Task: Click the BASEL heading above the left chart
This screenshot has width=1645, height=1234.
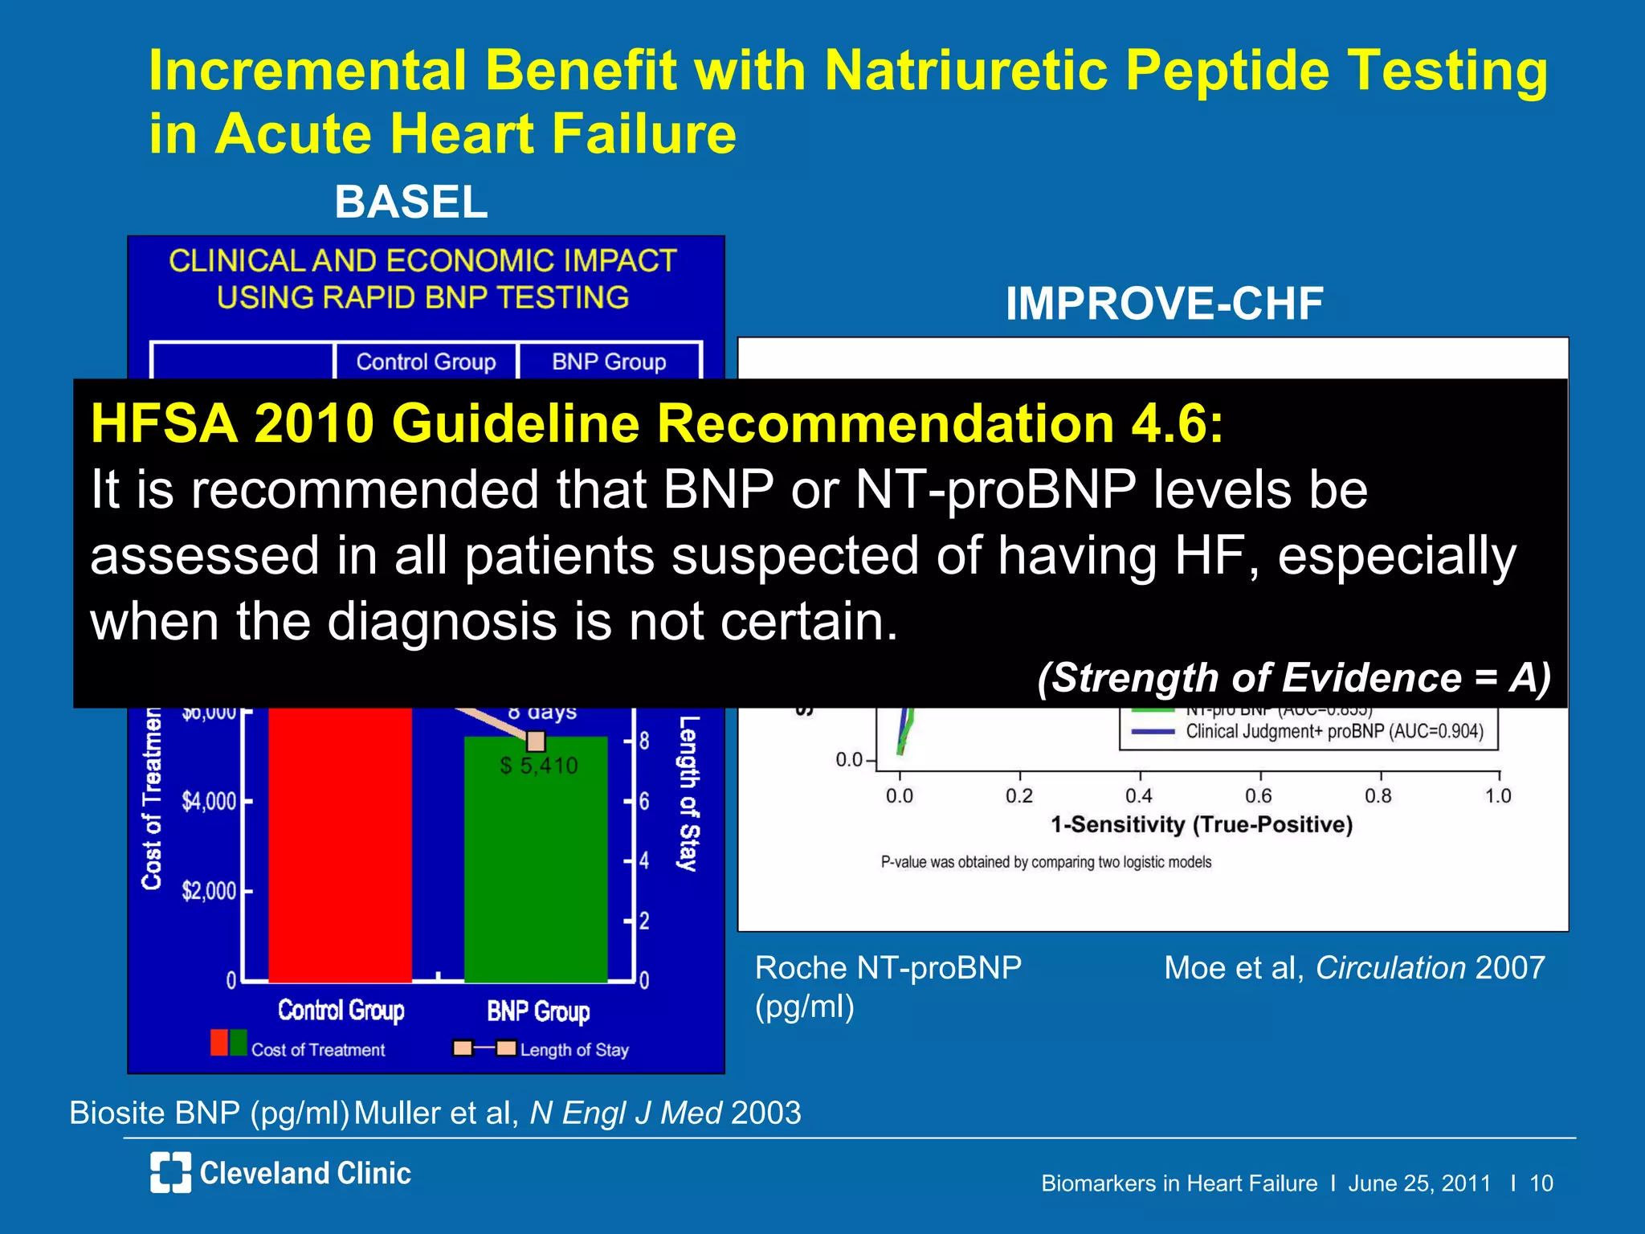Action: (x=410, y=202)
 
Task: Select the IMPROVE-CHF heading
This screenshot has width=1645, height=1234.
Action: (x=1164, y=304)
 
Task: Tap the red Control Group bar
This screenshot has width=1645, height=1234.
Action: (x=340, y=844)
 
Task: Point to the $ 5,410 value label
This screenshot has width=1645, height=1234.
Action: (x=538, y=766)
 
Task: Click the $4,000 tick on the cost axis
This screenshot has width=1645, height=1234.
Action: (x=210, y=802)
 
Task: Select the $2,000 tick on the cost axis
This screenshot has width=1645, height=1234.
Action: (x=210, y=891)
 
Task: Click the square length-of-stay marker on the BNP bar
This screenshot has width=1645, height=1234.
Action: (x=536, y=740)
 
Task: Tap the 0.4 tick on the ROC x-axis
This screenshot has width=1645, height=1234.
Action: (x=1138, y=795)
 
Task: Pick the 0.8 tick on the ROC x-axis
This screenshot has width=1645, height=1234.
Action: (x=1378, y=795)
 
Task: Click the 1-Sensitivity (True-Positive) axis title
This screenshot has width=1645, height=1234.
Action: (x=1202, y=825)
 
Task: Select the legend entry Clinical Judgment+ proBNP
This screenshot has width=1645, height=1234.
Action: (x=1333, y=732)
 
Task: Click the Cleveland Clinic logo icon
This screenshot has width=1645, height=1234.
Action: (x=170, y=1172)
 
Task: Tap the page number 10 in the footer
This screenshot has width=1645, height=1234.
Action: (x=1541, y=1183)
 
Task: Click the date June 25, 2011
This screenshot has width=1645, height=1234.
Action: (x=1419, y=1183)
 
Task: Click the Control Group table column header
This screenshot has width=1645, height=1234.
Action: (x=426, y=362)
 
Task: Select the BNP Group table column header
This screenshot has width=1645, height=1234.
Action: (x=609, y=362)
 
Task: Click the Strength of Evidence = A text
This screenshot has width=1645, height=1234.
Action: (x=1293, y=677)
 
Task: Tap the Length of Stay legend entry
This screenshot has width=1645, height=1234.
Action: (x=574, y=1049)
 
